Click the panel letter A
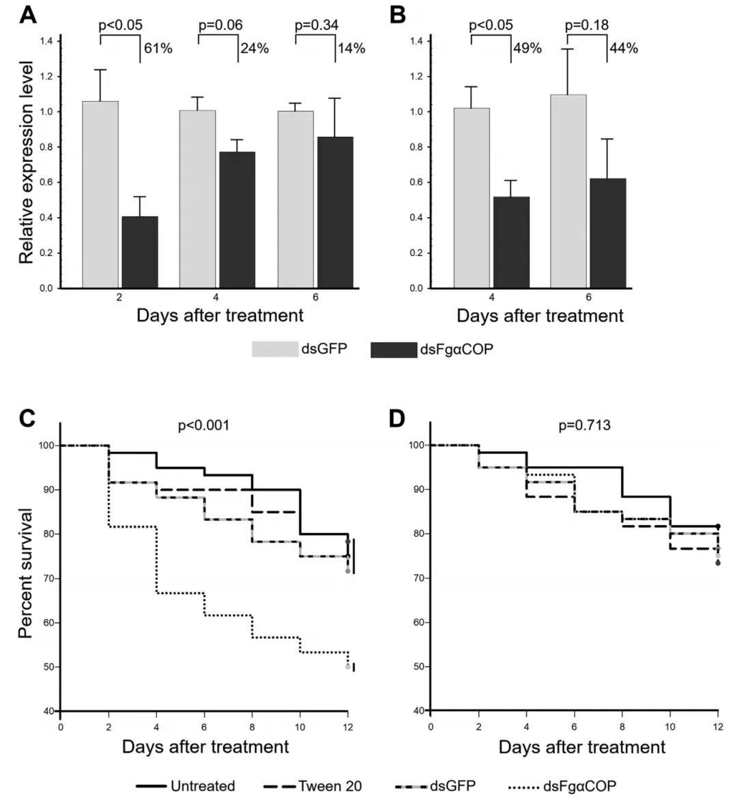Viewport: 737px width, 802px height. [27, 14]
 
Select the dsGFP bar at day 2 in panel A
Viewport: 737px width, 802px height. [100, 195]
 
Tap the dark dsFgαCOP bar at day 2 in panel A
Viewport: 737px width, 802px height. [139, 252]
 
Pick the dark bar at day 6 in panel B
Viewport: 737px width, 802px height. [607, 233]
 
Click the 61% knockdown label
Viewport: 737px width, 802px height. [158, 48]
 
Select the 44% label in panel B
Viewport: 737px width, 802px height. [624, 48]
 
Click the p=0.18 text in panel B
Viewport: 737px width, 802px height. [587, 26]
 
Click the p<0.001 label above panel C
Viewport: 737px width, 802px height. [203, 425]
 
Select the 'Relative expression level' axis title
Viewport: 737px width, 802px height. [26, 162]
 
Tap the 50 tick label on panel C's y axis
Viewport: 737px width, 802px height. [48, 667]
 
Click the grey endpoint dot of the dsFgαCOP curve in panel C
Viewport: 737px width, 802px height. [348, 667]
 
